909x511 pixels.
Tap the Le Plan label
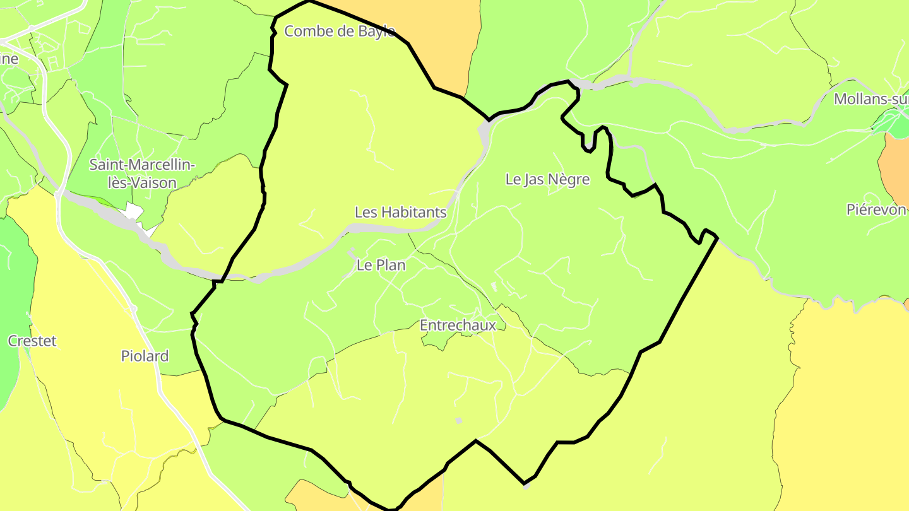tap(381, 266)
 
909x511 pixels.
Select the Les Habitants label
tap(400, 213)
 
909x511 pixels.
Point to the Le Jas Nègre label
tap(547, 179)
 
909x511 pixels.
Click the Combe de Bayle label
tap(339, 31)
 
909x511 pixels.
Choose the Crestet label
tap(32, 341)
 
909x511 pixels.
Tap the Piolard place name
tap(145, 356)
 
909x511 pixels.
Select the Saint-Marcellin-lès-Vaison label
tap(142, 174)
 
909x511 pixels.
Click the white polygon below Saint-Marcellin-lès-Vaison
tap(134, 211)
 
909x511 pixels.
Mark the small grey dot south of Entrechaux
tap(459, 420)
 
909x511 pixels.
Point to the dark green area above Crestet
tap(16, 278)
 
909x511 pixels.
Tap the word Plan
tap(392, 266)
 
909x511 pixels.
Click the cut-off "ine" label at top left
tap(9, 59)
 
